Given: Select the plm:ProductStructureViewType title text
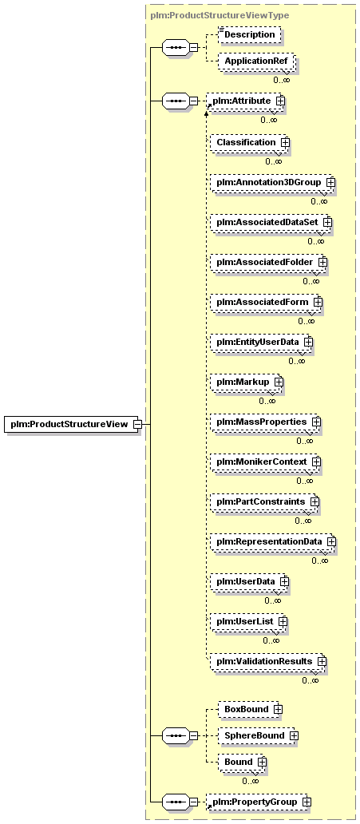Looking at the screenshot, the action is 220,15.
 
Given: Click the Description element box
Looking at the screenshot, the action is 249,34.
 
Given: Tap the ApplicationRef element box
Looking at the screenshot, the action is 256,61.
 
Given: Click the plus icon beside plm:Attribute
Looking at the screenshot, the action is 280,100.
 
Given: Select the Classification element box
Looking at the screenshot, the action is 248,142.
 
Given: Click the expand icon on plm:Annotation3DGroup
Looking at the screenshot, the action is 330,182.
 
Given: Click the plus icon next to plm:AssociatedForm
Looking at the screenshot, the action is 318,302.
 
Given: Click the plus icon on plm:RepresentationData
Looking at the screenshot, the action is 331,541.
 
